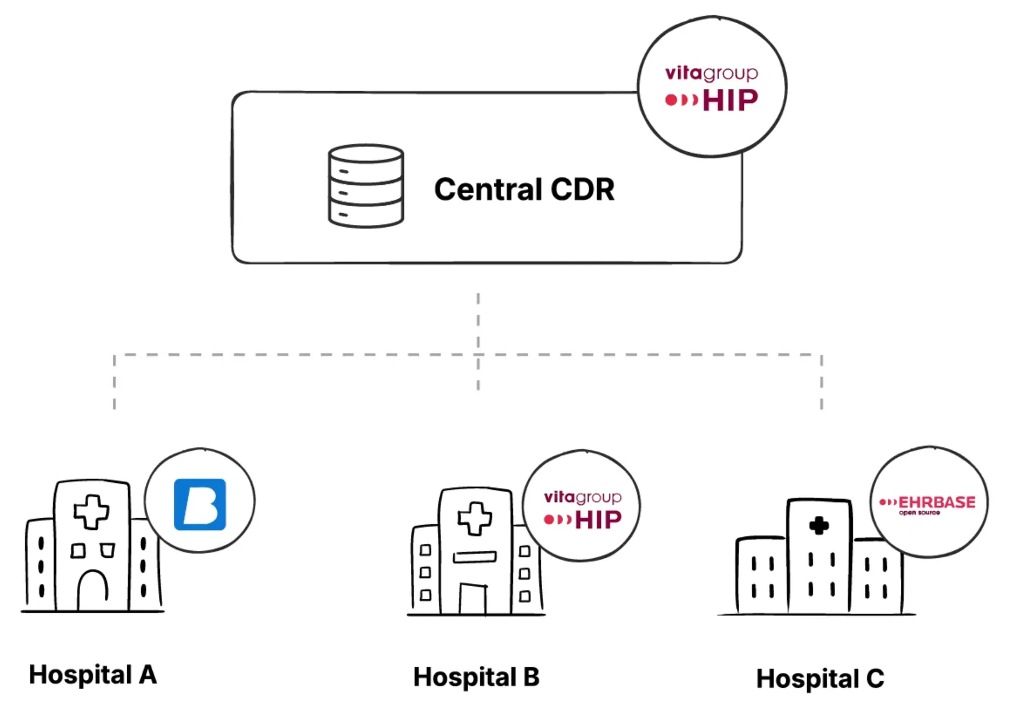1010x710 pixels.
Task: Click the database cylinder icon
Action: click(x=366, y=186)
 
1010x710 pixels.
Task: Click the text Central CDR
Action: click(x=524, y=189)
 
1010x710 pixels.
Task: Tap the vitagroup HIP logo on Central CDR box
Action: click(x=711, y=87)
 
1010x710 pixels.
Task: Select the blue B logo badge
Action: click(x=200, y=504)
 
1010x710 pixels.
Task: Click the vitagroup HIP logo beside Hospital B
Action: click(x=582, y=509)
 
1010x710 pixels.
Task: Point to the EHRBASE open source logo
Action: click(x=928, y=504)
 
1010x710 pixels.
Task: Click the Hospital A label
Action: click(x=93, y=675)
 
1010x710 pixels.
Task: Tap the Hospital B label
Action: click(x=476, y=677)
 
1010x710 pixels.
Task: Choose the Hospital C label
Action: click(x=820, y=679)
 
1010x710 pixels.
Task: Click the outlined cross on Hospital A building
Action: click(x=91, y=511)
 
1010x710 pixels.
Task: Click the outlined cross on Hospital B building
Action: click(x=475, y=518)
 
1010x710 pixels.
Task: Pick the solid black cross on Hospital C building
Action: click(x=819, y=526)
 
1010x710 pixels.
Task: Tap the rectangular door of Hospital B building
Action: click(x=472, y=598)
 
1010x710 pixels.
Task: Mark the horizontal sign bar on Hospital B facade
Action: click(x=475, y=557)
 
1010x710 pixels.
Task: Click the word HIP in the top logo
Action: click(x=730, y=101)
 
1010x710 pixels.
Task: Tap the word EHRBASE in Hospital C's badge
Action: click(x=937, y=502)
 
